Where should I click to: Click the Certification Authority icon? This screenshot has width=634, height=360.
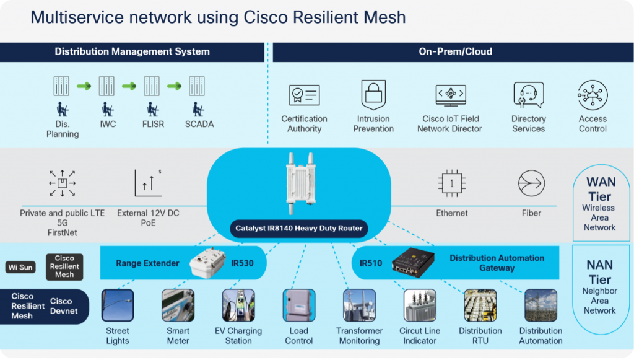coord(304,95)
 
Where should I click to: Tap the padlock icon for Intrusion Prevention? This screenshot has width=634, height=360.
coord(373,95)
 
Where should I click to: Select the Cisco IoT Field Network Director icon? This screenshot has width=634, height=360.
coord(450,95)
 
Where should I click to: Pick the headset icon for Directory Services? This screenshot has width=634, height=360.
coord(528,95)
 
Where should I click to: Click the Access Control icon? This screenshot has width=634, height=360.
coord(593,95)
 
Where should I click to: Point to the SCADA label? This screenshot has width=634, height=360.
coord(199,124)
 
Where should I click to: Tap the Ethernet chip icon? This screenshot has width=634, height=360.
coord(452,184)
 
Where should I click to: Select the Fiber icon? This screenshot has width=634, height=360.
coord(531,184)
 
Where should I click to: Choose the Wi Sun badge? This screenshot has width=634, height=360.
coord(21,268)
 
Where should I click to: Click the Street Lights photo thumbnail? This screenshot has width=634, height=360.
coord(118,305)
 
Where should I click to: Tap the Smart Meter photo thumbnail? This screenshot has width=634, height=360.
coord(178,305)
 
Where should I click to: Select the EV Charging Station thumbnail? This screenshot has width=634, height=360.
coord(238,305)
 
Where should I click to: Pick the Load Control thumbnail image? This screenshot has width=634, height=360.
coord(298,305)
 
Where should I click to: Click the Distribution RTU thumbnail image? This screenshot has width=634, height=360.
coord(480,305)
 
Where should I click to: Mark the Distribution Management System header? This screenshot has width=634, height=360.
coord(132,52)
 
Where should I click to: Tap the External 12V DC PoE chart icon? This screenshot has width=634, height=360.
coord(149,183)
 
